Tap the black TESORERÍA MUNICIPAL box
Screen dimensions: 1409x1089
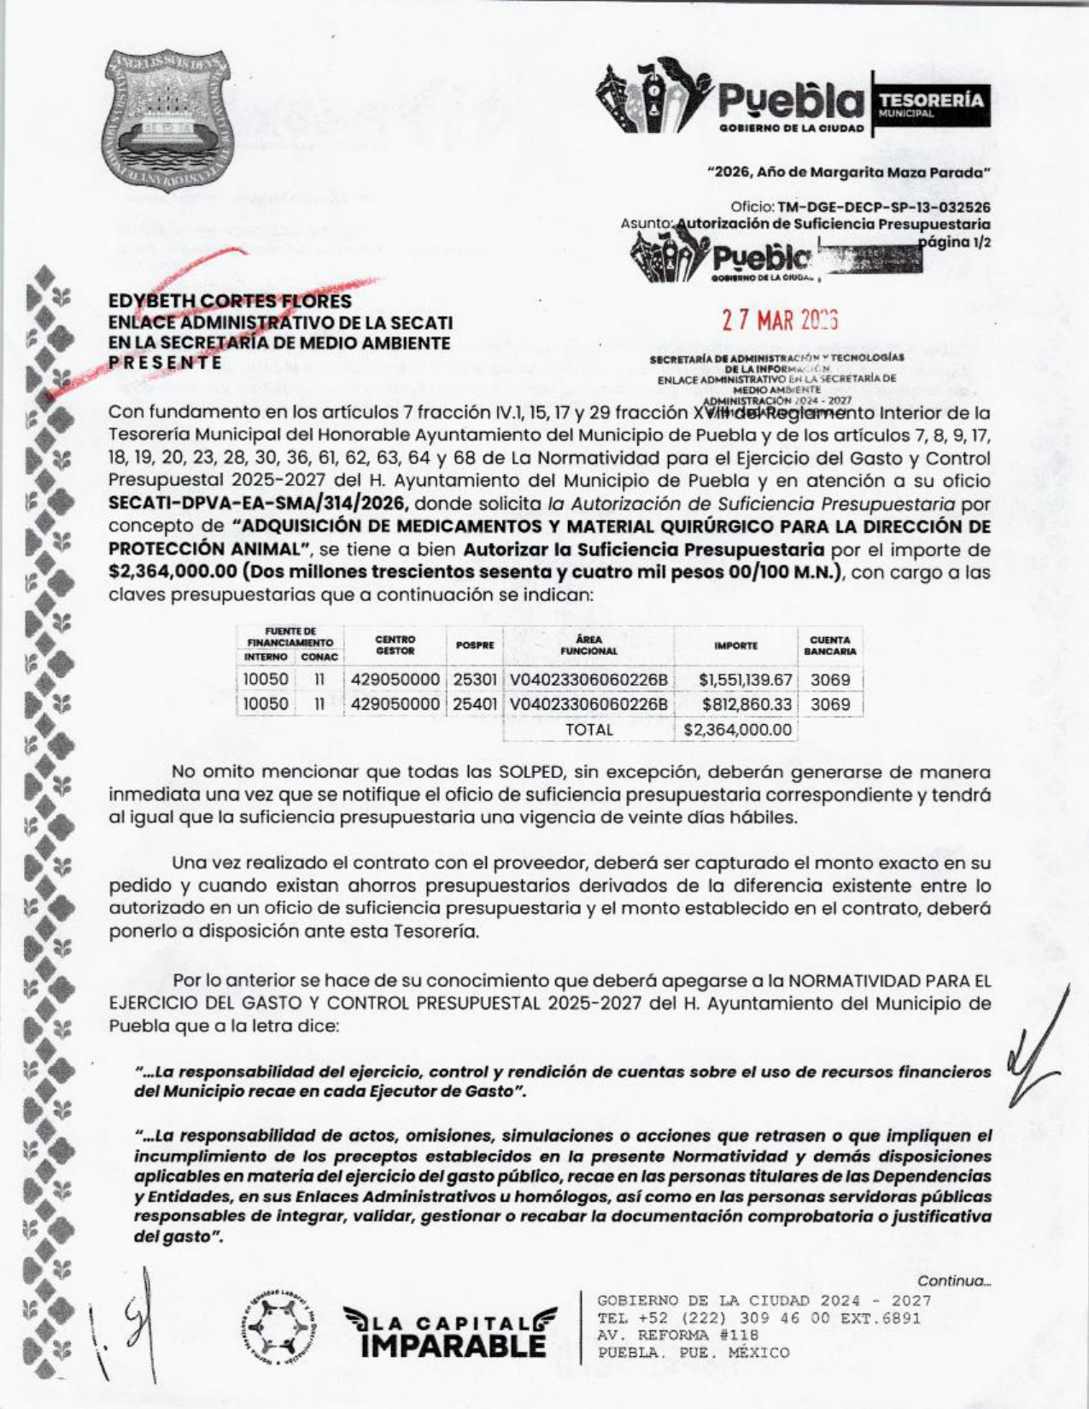pyautogui.click(x=930, y=105)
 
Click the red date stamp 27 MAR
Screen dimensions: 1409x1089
pyautogui.click(x=780, y=320)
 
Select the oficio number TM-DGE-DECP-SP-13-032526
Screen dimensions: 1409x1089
pyautogui.click(x=884, y=208)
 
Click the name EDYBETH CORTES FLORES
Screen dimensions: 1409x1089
pyautogui.click(x=230, y=301)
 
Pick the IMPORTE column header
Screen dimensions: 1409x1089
pyautogui.click(x=735, y=646)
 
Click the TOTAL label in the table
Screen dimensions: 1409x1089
pyautogui.click(x=588, y=730)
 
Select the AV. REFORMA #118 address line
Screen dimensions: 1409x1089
pyautogui.click(x=678, y=1335)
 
